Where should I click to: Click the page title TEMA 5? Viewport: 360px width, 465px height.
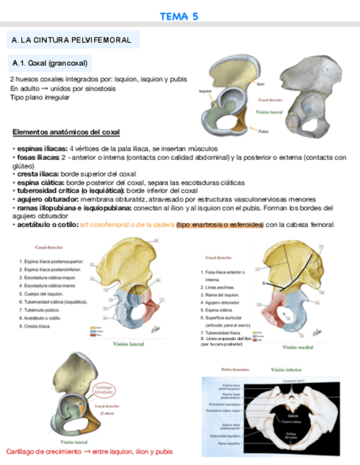point(179,17)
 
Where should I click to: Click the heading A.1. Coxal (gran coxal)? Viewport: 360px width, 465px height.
point(48,64)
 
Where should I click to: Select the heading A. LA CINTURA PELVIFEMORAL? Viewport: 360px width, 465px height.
point(71,40)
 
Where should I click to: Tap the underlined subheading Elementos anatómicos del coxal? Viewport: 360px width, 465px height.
point(66,133)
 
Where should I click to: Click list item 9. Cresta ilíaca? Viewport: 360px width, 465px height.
point(35,326)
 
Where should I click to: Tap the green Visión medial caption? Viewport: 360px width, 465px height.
point(298,347)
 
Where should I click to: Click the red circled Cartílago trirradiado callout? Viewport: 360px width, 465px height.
point(104,390)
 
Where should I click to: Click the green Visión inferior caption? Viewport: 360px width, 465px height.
point(286,370)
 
